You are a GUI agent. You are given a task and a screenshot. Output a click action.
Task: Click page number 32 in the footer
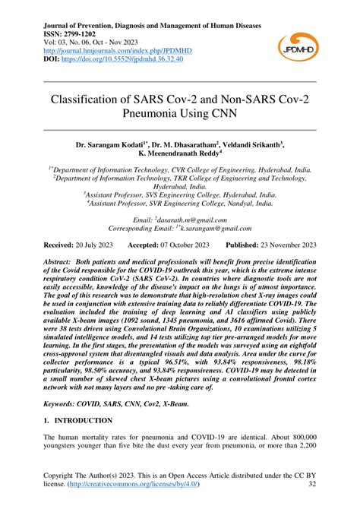[x=312, y=492]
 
